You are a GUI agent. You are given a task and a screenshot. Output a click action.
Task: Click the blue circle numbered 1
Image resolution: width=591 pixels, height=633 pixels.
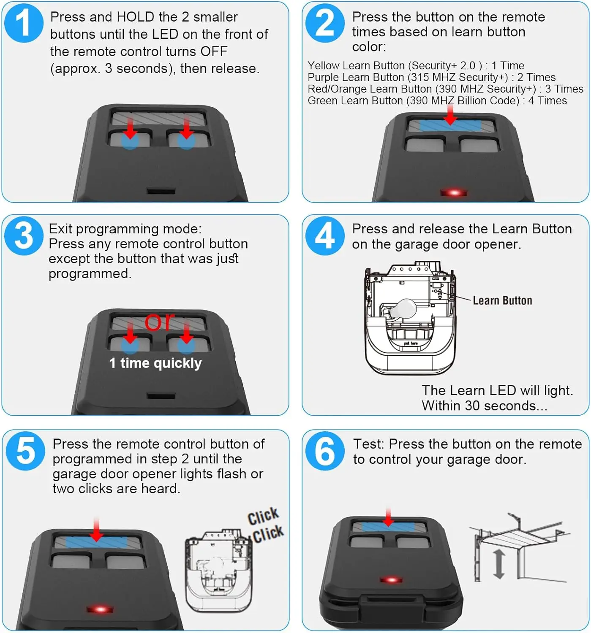24,23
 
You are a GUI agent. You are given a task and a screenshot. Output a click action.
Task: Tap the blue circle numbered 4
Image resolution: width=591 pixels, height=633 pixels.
325,236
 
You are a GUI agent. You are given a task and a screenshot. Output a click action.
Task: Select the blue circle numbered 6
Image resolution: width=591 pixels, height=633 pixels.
325,451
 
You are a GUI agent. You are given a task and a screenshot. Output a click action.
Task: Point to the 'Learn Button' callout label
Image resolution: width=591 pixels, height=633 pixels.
502,300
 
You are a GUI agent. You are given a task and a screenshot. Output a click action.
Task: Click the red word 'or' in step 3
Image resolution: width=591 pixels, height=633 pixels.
159,322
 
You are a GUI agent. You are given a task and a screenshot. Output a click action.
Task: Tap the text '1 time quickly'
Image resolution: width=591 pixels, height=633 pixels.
155,363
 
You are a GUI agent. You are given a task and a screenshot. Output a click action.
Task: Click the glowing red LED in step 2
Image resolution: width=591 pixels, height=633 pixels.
454,192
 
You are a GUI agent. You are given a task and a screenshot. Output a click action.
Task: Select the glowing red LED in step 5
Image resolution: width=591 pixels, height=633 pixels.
100,609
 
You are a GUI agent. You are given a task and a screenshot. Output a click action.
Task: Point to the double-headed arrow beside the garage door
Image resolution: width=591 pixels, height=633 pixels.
499,565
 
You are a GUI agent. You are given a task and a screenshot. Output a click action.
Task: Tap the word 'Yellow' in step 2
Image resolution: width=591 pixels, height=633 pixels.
323,66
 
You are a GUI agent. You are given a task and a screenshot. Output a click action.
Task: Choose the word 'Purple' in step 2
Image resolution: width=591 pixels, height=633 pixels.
323,78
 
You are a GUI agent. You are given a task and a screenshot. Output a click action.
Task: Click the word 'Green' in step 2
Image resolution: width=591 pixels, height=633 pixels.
322,101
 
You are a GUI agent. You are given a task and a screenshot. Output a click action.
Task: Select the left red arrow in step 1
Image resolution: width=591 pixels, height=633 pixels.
130,128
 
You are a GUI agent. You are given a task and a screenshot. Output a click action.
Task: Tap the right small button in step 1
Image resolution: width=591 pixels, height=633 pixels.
189,140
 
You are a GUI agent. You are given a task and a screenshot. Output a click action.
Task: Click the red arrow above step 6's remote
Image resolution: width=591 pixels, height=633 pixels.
388,517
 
